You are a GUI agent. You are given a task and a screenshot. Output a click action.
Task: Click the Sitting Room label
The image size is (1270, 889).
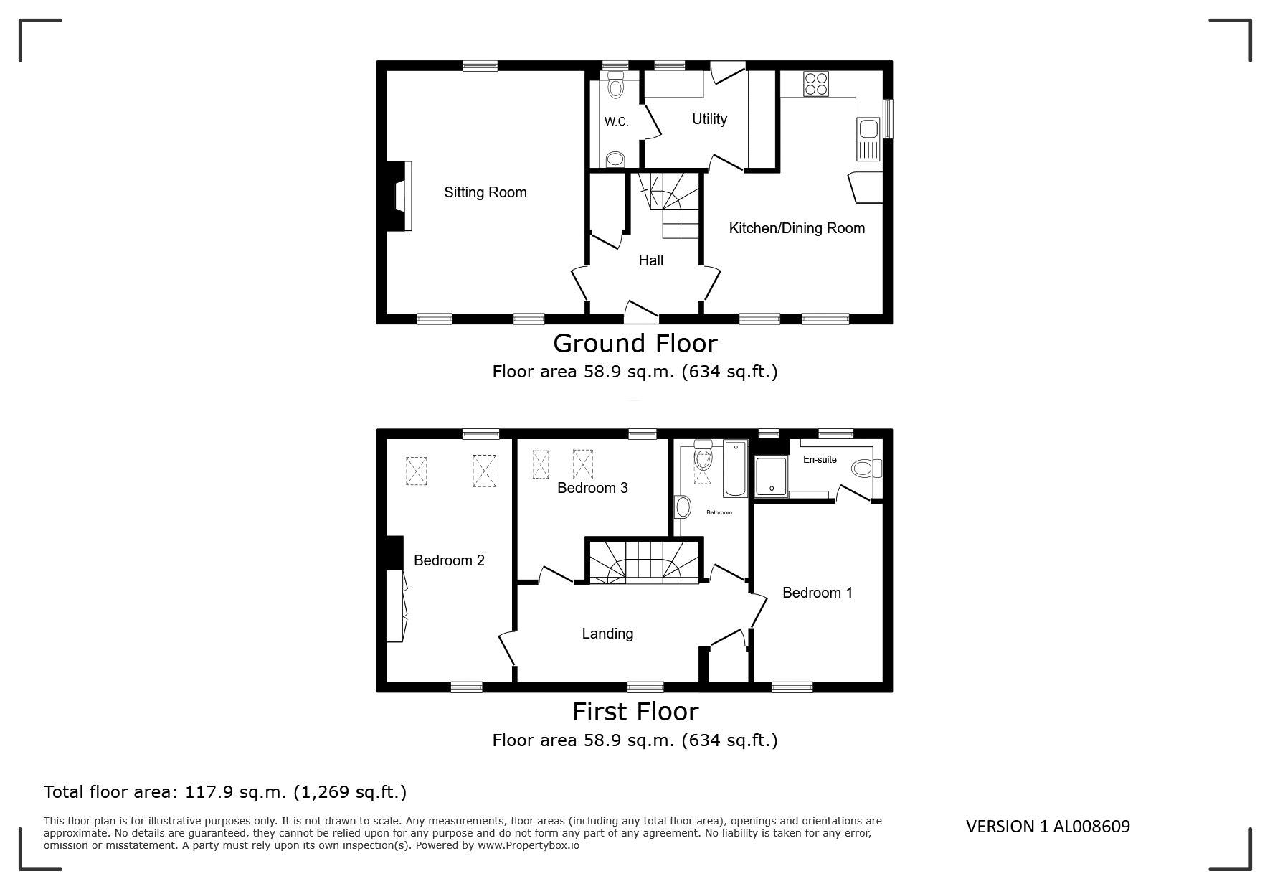pos(485,192)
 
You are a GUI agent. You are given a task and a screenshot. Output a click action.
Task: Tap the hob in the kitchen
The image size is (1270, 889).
pos(816,83)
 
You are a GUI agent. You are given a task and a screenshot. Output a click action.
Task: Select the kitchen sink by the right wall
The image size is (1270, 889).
pos(868,139)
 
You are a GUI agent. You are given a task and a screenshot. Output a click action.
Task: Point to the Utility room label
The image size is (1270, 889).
pos(709,119)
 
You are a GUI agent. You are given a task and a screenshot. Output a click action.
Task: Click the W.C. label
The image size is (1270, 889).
pos(616,122)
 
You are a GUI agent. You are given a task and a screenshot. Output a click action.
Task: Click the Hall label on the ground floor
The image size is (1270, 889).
pos(650,260)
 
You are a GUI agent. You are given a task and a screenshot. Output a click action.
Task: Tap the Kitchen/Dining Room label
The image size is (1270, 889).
pos(797,228)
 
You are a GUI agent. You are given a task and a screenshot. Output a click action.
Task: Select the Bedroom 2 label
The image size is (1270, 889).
pos(449,560)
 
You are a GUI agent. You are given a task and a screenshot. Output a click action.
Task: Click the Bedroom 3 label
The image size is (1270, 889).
pos(592,488)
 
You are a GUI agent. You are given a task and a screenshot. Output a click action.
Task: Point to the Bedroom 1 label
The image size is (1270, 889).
pos(818,593)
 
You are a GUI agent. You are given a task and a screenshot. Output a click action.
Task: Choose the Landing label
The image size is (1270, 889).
pos(607,634)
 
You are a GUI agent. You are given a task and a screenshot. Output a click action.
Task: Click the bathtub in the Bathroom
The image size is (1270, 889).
pos(736,469)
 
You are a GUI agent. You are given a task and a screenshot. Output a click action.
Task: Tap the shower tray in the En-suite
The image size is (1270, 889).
pos(771,477)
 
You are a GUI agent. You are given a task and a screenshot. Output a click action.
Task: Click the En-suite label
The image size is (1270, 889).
pos(820,459)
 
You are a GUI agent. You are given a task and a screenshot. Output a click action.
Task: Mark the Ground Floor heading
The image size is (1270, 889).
pos(635,344)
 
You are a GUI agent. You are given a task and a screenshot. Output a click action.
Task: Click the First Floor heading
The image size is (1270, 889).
pos(635,712)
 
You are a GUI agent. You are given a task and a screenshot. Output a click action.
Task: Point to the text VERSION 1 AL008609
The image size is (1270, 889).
pos(1048,827)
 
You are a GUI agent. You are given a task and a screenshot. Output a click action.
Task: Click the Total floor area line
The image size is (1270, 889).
pos(225,792)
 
